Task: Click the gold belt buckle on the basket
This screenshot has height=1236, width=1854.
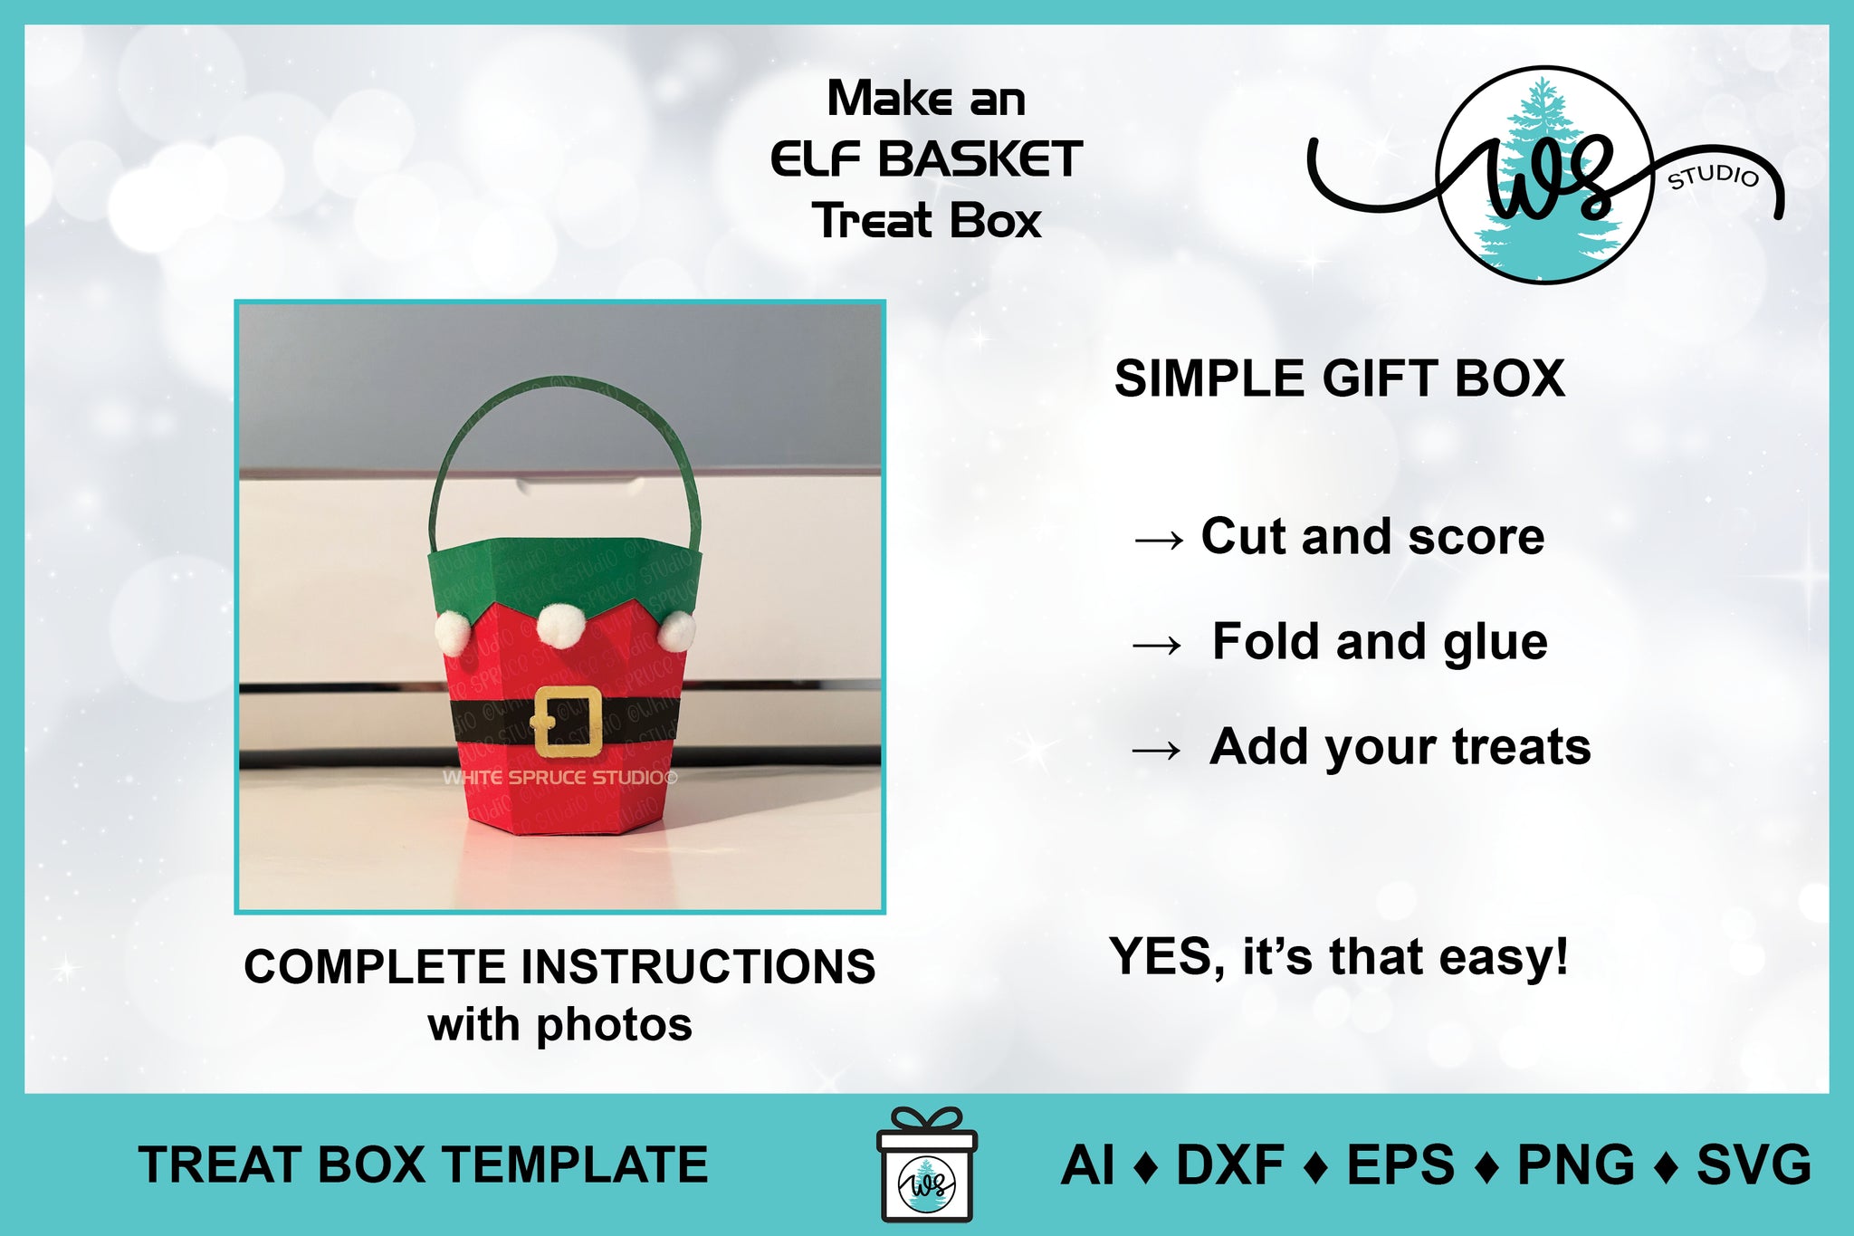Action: [567, 721]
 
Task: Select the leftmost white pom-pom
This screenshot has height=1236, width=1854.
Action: [454, 632]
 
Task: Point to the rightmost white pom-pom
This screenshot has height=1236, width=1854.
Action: [676, 630]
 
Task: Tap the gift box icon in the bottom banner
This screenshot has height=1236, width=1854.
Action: [927, 1164]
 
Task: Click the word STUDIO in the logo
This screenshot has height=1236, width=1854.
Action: [1713, 176]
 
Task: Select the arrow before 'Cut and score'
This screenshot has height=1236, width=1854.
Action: [1159, 541]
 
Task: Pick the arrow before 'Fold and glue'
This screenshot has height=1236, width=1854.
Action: [1157, 646]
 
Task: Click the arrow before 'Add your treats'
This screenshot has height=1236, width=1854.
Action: [1157, 750]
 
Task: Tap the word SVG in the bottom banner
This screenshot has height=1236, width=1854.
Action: [1754, 1164]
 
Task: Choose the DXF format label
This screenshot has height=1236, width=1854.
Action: [1229, 1164]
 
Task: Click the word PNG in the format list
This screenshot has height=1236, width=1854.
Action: [1576, 1164]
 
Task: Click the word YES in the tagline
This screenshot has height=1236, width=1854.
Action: [1166, 957]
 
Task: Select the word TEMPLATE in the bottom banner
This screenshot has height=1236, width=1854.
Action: [576, 1164]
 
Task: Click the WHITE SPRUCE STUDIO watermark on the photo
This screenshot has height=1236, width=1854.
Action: [559, 777]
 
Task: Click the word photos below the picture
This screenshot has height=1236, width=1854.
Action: [614, 1027]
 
